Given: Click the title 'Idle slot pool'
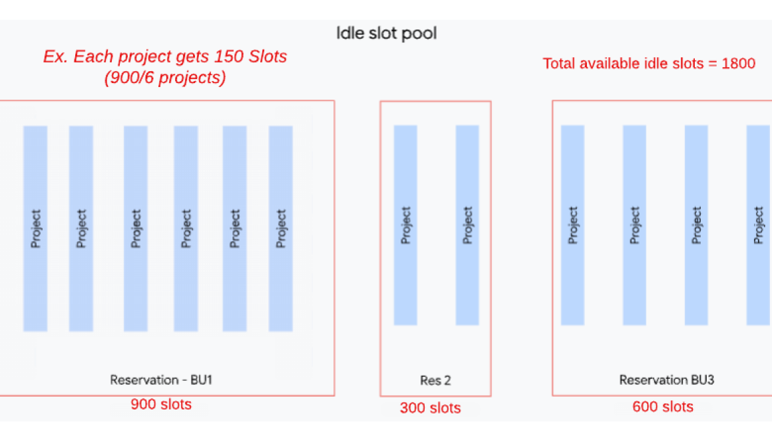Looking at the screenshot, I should pyautogui.click(x=386, y=33).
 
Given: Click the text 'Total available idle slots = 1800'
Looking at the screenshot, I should pyautogui.click(x=649, y=64).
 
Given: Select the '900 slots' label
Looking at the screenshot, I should pyautogui.click(x=161, y=404).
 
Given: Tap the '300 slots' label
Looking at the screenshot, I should pyautogui.click(x=430, y=407).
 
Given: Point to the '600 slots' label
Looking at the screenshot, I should pyautogui.click(x=663, y=407).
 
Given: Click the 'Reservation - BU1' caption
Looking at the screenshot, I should pyautogui.click(x=161, y=380).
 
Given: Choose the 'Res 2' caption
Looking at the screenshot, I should pyautogui.click(x=435, y=381).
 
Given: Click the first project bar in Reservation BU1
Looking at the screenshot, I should pyautogui.click(x=35, y=228).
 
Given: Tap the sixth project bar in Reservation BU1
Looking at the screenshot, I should pyautogui.click(x=280, y=228).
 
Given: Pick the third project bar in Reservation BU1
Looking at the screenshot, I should pyautogui.click(x=136, y=228).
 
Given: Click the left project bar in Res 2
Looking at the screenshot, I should pyautogui.click(x=405, y=225).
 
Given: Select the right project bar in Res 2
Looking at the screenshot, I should pyautogui.click(x=467, y=225).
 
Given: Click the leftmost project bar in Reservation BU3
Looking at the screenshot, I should pyautogui.click(x=572, y=225).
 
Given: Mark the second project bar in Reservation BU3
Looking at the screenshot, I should pyautogui.click(x=634, y=225).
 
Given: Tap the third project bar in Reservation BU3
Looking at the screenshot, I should pyautogui.click(x=696, y=225).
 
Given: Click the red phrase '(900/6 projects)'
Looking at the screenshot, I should pyautogui.click(x=165, y=78).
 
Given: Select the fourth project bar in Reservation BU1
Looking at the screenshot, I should pyautogui.click(x=186, y=228).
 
